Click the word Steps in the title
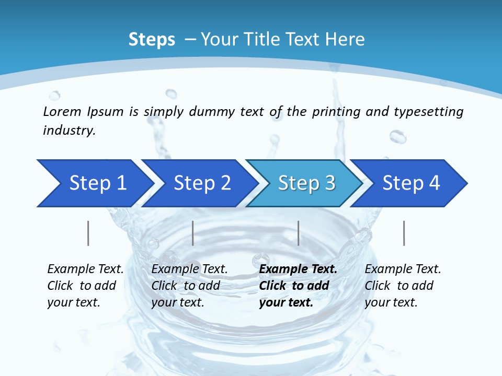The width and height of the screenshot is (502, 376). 152,40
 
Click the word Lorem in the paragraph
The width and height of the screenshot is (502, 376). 62,111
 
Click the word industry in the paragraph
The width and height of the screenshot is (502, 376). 69,131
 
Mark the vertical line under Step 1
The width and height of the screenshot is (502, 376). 88,233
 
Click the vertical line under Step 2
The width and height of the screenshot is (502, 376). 193,233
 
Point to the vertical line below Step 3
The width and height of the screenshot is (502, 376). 298,233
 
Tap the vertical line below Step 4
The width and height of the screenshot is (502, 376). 404,233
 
